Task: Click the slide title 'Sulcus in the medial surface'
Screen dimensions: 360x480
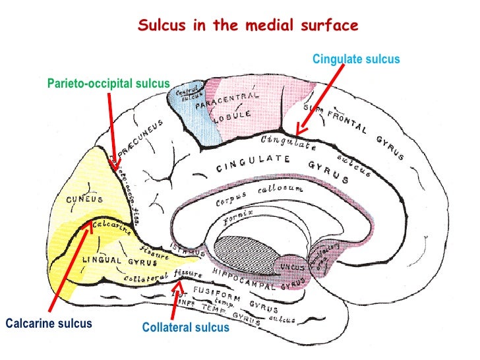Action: point(248,26)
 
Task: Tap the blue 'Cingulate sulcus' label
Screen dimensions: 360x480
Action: point(356,59)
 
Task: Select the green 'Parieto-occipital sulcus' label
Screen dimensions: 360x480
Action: point(108,84)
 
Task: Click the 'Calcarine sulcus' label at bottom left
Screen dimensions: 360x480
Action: point(49,324)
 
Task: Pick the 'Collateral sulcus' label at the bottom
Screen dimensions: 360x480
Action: point(186,328)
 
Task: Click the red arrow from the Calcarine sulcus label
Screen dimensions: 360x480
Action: point(69,270)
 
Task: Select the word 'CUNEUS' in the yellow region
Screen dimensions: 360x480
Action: point(82,199)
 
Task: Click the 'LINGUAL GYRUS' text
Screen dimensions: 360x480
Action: point(110,260)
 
